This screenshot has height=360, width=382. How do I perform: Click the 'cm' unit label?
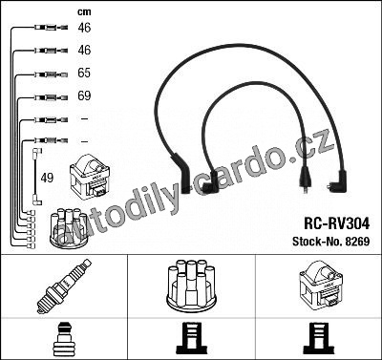(x=84, y=12)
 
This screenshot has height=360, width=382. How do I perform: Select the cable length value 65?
(x=84, y=73)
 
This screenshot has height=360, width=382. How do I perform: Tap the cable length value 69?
(x=84, y=95)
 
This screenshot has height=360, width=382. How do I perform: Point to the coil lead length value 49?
(x=47, y=178)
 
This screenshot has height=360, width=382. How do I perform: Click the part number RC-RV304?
(x=337, y=223)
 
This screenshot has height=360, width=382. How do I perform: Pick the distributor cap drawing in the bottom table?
(x=191, y=286)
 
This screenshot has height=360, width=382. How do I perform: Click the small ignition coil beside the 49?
(x=90, y=177)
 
